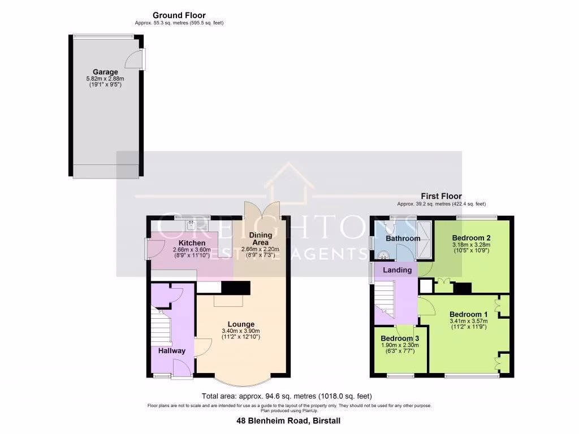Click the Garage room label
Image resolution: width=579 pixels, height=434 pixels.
105,72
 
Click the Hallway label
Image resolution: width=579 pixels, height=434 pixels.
171,350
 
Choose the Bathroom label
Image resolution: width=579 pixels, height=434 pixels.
403,238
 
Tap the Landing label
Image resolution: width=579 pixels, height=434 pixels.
397,270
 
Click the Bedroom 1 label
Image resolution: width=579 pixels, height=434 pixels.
468,314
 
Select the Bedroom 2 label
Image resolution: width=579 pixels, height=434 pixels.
471,237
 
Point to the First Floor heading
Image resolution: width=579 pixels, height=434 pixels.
441,196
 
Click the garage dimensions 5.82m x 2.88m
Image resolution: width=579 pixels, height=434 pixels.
105,79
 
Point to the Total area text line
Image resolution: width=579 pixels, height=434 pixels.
287,396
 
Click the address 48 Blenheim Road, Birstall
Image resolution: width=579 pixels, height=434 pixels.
288,421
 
